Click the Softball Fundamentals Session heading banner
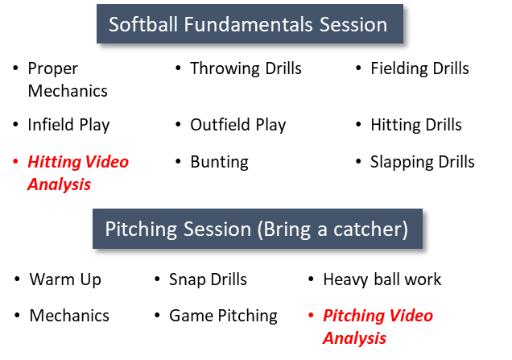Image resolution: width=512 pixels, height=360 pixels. tap(250, 24)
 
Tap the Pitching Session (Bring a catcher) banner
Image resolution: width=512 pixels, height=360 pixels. tap(258, 229)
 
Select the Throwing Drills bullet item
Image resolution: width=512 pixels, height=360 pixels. tap(246, 68)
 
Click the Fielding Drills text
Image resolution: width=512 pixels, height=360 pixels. tap(419, 68)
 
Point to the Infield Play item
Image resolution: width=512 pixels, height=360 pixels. tap(68, 125)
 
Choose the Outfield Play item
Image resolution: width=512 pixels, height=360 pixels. tap(238, 125)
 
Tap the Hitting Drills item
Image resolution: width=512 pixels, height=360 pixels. tap(416, 125)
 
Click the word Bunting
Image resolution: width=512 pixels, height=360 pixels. tap(220, 162)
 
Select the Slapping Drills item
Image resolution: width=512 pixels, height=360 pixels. tap(422, 162)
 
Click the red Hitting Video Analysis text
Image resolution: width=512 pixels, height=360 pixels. tap(78, 173)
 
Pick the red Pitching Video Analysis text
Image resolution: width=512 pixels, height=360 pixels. tap(378, 327)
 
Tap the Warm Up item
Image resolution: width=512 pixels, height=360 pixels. tap(65, 279)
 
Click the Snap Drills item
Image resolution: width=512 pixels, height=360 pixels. tap(208, 279)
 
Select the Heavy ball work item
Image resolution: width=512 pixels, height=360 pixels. tap(382, 279)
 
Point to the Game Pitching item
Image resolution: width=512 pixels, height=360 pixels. tap(223, 316)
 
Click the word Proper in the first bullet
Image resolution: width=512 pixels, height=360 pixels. tap(53, 69)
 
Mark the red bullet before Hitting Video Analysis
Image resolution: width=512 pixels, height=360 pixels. tap(15, 161)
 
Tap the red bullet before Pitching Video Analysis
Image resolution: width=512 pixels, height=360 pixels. tap(311, 315)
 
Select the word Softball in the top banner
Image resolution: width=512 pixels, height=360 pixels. tap(143, 24)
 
